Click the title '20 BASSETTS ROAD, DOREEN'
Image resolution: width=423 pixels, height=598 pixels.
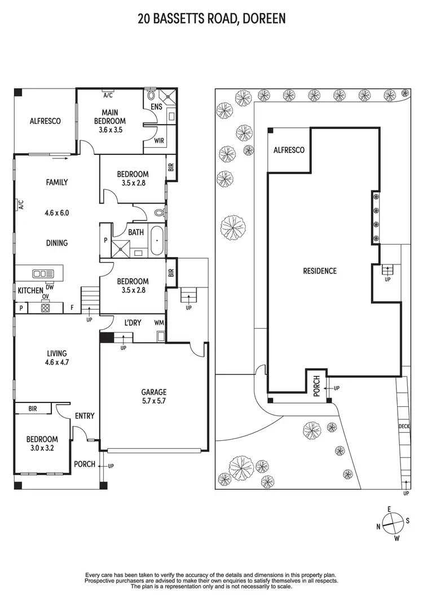point(211,19)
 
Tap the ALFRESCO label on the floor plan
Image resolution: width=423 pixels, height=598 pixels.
point(45,121)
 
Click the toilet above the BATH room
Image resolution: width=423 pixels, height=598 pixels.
point(159,213)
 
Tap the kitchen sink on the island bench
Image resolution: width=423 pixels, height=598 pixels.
point(43,273)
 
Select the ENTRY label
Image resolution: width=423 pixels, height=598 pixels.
point(85,416)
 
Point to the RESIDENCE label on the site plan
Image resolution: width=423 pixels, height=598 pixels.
point(320,271)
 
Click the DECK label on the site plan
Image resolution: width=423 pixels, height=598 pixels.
point(404,427)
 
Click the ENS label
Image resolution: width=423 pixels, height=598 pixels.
point(156,106)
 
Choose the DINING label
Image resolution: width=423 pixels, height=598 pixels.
point(56,243)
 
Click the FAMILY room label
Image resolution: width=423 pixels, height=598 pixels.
point(56,182)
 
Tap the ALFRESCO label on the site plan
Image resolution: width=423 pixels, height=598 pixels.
point(289,150)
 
